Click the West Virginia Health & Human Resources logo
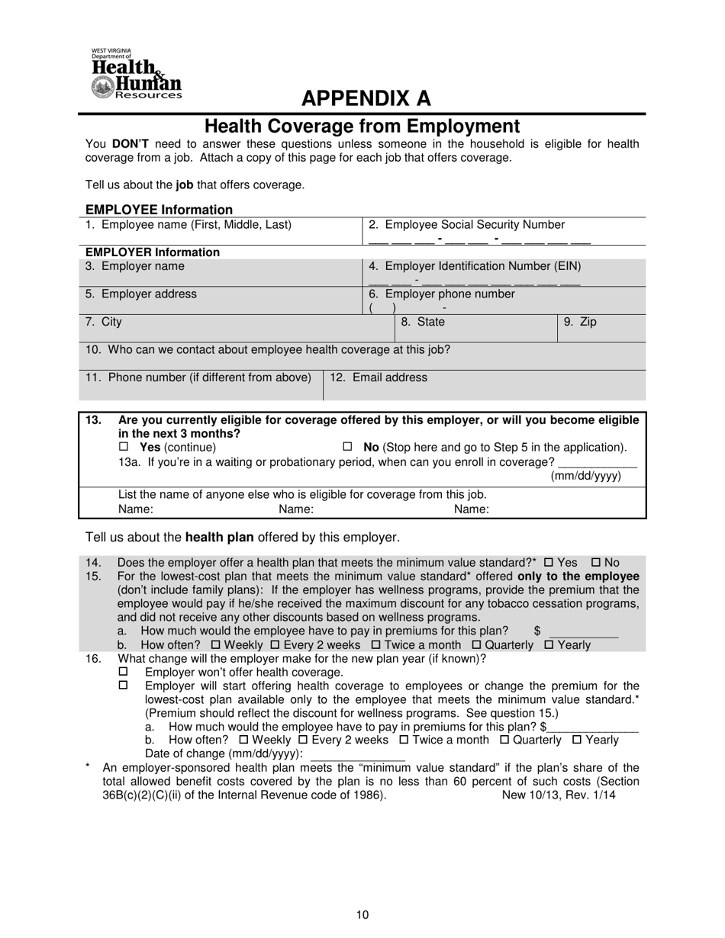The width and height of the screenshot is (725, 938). click(x=136, y=74)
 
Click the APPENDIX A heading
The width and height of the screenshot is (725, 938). click(x=366, y=98)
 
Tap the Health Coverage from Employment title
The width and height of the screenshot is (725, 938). click(x=362, y=126)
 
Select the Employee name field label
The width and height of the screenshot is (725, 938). click(x=188, y=225)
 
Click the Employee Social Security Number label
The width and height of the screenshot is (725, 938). click(x=466, y=225)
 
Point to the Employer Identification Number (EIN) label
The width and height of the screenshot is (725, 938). click(x=475, y=266)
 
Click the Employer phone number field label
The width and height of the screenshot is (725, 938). click(x=442, y=294)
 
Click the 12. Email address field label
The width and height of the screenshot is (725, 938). click(x=379, y=377)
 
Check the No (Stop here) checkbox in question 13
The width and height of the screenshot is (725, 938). click(x=348, y=447)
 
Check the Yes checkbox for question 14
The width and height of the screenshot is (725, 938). click(x=548, y=563)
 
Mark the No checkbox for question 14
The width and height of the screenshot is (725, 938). click(x=597, y=563)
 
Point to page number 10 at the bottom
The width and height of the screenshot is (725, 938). click(x=362, y=915)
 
